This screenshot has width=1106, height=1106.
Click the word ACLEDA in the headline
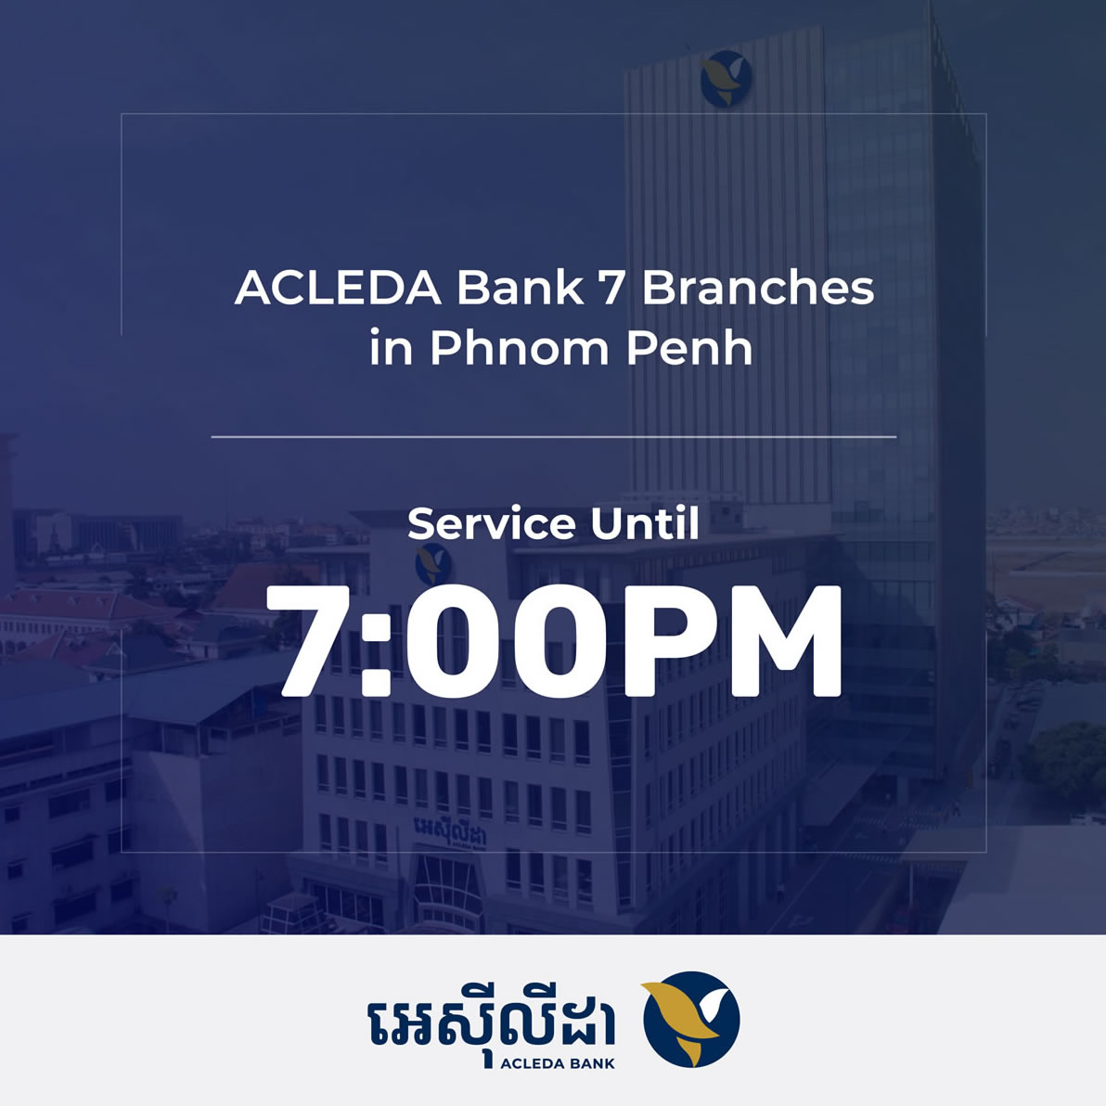coord(338,288)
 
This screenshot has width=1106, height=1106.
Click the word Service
coord(491,524)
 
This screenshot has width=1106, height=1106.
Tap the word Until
coord(645,523)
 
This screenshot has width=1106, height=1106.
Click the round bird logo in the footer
coord(691,1019)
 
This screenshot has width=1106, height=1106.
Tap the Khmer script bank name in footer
coord(492,1021)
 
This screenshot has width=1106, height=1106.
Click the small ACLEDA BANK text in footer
coord(558,1063)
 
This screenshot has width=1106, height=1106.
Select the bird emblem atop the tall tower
coord(726,78)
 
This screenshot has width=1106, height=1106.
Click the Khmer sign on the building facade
coord(450,831)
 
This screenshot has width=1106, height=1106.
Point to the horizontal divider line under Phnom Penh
coord(554,437)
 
